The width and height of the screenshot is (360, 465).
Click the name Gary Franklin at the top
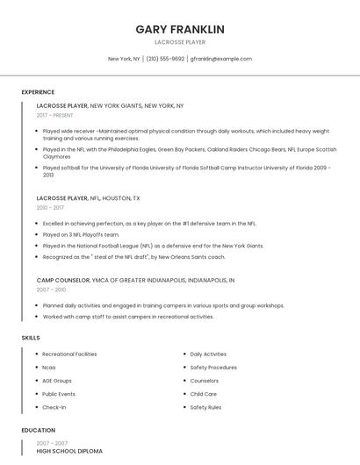coord(180,29)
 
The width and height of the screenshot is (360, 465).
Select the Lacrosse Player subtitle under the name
coord(180,41)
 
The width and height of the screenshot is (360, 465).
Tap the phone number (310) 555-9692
coord(165,59)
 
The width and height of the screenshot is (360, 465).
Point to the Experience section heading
coord(38,92)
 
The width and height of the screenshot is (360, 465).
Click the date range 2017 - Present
coord(55,115)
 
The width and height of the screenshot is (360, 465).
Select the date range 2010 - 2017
coord(50,208)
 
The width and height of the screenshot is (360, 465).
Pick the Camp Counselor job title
coord(63,280)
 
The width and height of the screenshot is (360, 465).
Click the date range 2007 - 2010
coord(51,289)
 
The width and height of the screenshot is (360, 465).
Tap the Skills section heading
coord(30,337)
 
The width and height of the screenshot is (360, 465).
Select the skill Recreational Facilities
coord(69,354)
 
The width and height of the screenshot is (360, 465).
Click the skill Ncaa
coord(49,368)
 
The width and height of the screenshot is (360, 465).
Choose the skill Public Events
coord(59,394)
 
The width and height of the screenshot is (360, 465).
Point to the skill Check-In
coord(54,407)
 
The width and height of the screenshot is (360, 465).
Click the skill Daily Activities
coord(208,354)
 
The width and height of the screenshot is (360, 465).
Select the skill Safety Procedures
coord(213,368)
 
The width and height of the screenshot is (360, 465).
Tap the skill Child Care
coord(204,394)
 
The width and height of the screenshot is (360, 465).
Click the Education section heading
coord(38,431)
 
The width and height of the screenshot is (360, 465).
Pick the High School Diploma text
coord(69,451)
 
